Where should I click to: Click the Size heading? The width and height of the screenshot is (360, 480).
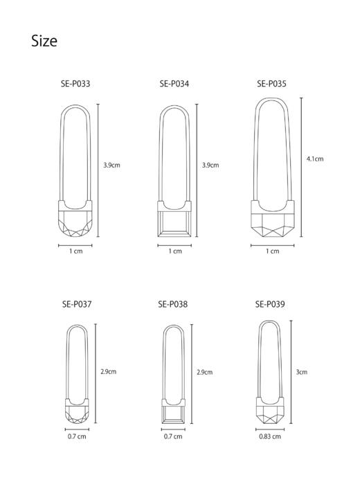click(x=44, y=41)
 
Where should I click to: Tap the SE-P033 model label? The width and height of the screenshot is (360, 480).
click(x=75, y=84)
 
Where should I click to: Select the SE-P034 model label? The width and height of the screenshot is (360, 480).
click(x=174, y=84)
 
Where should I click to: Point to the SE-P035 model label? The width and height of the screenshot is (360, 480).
click(x=271, y=84)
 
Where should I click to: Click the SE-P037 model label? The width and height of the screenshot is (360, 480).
click(x=77, y=304)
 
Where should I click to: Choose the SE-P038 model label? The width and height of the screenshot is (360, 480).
click(x=173, y=304)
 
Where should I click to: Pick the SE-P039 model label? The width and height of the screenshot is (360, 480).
click(x=270, y=304)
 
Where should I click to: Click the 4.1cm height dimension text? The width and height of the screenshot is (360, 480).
click(x=315, y=159)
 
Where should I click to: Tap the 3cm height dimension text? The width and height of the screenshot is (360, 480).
click(x=302, y=372)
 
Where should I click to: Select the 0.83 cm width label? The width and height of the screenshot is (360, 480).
click(x=270, y=436)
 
